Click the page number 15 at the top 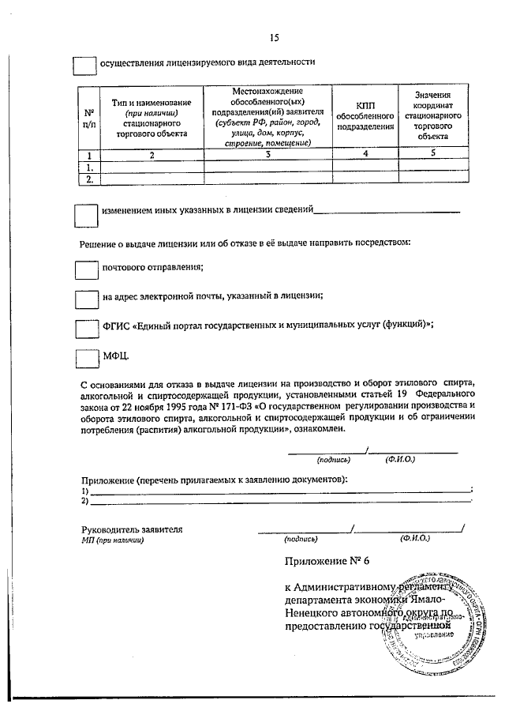(274, 37)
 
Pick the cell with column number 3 (267, 156)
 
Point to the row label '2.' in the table (89, 179)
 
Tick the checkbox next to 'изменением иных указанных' (85, 215)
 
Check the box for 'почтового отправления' (85, 269)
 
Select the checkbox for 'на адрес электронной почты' (85, 299)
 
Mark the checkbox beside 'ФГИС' (85, 328)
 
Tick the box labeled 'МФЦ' (85, 357)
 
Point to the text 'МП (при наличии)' (112, 540)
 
